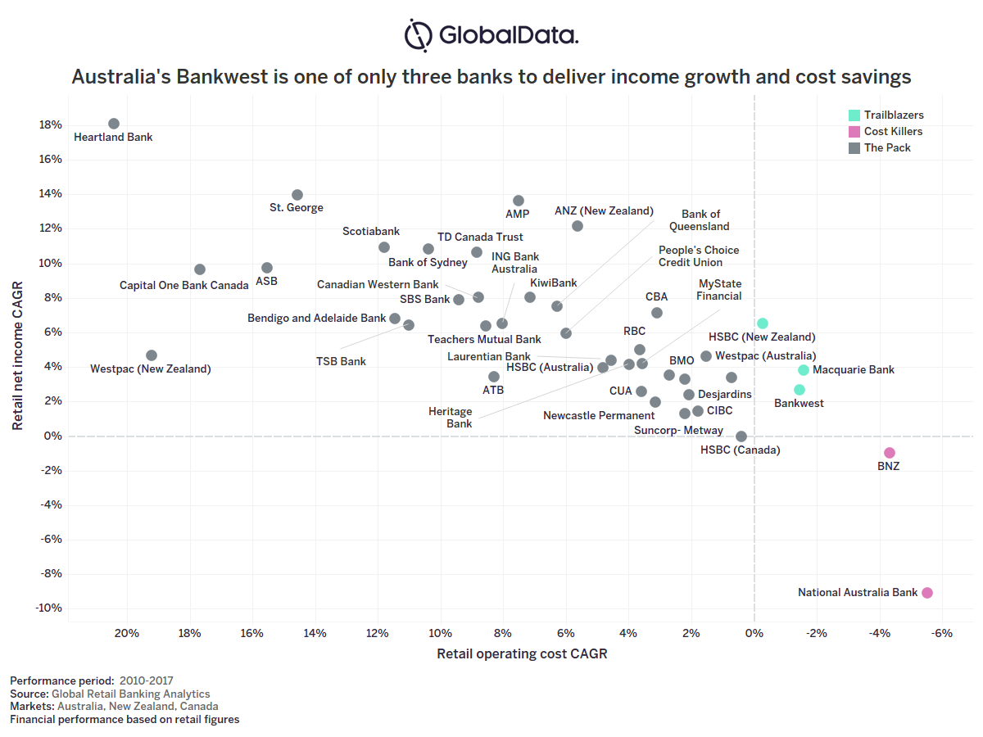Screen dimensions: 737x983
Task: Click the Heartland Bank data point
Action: tap(114, 124)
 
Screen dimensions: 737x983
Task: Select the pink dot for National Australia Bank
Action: tap(927, 593)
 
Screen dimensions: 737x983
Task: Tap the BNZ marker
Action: tap(890, 453)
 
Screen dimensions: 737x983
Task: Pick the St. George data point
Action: tap(297, 195)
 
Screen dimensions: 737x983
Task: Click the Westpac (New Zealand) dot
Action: tap(152, 355)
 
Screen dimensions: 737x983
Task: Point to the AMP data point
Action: tap(519, 201)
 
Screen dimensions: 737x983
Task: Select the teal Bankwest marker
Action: tap(800, 390)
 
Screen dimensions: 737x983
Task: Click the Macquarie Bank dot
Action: tap(804, 370)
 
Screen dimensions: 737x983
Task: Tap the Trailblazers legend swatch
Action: tap(854, 115)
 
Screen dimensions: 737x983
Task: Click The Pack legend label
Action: tap(887, 148)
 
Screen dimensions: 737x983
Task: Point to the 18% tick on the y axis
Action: tap(50, 125)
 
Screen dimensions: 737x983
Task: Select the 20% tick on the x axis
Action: tap(126, 633)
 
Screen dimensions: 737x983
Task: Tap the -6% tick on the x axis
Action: tap(942, 633)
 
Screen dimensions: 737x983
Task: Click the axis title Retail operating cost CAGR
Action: tap(522, 654)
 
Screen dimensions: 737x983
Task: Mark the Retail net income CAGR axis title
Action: tap(18, 356)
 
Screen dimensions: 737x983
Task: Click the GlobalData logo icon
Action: tap(419, 35)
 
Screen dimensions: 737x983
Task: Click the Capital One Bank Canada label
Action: tap(183, 286)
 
